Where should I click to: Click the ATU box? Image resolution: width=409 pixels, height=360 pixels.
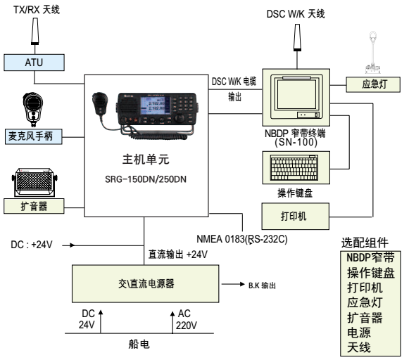pos(34,63)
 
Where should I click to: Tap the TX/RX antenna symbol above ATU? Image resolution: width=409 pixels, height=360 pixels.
pos(35,31)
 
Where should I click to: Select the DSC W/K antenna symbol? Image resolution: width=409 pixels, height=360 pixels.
pos(297,37)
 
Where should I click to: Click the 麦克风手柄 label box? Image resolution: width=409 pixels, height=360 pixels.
pos(34,136)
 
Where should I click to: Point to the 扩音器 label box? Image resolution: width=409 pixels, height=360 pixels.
pos(34,206)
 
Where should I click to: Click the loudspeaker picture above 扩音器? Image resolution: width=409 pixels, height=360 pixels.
pos(34,182)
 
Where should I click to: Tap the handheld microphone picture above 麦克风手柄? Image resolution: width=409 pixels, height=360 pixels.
pos(33,110)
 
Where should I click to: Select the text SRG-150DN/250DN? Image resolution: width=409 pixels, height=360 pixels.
pos(146,179)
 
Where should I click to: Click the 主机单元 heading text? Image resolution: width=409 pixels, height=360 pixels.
pos(146,160)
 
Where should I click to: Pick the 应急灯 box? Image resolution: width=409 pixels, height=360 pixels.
pos(373,84)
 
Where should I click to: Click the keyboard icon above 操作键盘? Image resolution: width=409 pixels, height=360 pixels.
pos(294,168)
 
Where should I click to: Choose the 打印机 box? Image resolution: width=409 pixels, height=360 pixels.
pos(295,216)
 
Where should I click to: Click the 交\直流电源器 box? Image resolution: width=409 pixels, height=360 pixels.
pos(145,283)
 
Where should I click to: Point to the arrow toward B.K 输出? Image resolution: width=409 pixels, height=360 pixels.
pos(233,284)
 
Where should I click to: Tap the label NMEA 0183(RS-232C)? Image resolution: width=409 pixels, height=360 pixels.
pos(241,239)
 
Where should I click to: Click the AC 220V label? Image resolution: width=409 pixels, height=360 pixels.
pos(187,319)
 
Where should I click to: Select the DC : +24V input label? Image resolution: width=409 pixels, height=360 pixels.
pos(32,245)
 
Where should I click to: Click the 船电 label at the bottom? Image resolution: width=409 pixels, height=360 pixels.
pos(139,345)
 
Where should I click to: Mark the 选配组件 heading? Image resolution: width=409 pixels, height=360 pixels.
pos(365,243)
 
